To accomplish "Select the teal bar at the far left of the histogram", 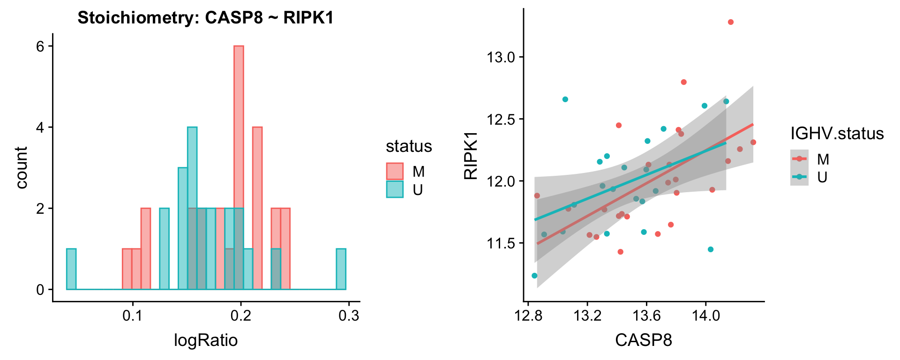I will point(71,269).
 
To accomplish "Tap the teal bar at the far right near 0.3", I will point(341,269).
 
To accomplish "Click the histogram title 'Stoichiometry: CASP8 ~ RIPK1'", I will point(205,18).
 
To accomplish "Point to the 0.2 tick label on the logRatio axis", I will point(240,315).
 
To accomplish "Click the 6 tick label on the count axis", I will point(41,46).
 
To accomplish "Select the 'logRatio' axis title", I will point(206,340).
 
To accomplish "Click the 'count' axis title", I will point(22,167).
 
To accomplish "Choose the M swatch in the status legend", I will point(395,172).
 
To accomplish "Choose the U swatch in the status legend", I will point(395,189).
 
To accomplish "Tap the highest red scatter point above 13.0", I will point(731,22).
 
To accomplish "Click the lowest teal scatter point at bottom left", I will point(534,276).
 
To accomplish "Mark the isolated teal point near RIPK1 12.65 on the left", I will point(565,99).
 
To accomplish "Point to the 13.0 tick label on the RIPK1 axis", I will point(501,57).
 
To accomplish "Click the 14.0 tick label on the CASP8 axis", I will point(705,315).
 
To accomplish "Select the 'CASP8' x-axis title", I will point(644,340).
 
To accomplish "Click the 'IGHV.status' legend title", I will point(837,134).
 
